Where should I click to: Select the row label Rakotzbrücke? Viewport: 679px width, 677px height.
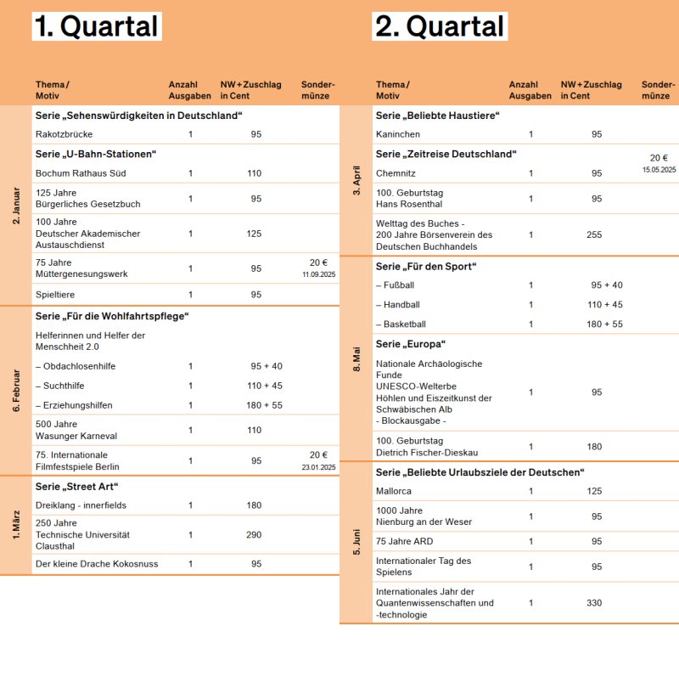pos(65,134)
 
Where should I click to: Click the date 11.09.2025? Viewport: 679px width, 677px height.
pos(318,275)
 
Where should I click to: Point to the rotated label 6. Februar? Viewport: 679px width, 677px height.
pos(16,390)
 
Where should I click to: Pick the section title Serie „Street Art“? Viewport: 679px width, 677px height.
pos(76,486)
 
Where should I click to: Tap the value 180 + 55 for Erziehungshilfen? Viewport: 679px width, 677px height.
pos(266,405)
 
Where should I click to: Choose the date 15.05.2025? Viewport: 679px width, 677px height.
pos(659,170)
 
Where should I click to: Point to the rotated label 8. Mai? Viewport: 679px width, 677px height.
pos(356,358)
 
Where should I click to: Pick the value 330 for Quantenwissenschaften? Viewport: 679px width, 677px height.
pos(594,603)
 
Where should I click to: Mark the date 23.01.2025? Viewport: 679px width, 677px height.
pos(318,467)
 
